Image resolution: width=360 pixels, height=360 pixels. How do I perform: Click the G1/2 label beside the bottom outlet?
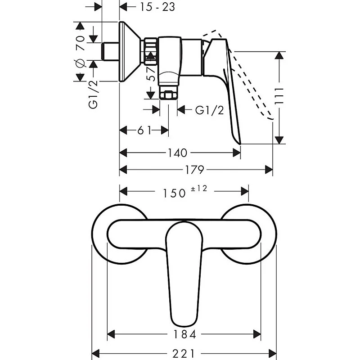click(209, 110)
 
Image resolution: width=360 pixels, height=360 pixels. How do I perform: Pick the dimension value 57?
click(152, 73)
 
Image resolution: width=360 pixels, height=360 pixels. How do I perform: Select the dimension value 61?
click(144, 130)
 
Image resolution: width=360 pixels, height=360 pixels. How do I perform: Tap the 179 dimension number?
click(195, 170)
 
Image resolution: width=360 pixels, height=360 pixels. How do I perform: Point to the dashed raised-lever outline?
click(252, 85)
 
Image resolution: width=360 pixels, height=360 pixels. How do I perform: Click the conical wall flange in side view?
click(130, 52)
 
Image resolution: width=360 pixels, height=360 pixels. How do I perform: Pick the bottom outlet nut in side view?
click(169, 95)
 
